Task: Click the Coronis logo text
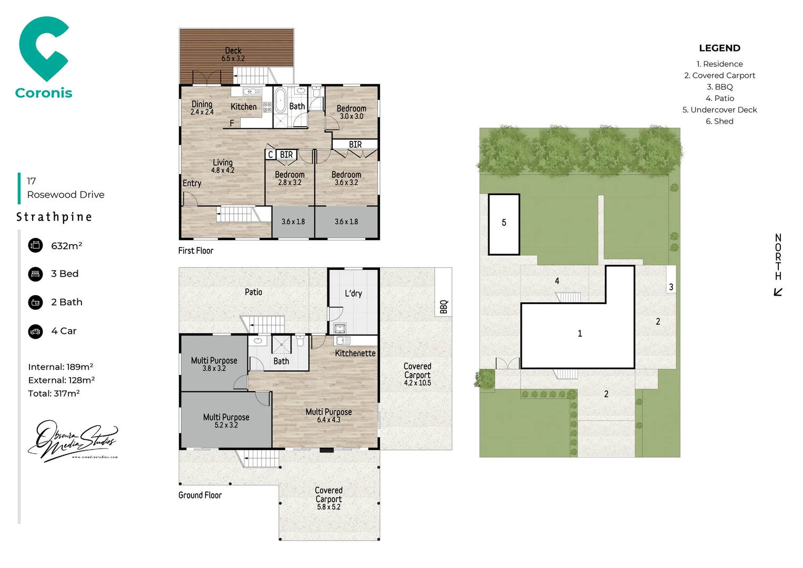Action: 44,93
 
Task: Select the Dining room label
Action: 202,107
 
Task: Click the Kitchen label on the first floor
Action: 244,107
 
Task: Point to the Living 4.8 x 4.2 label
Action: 223,166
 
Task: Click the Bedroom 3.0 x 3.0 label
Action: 352,112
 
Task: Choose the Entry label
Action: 192,183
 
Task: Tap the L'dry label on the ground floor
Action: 353,293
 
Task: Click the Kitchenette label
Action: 355,353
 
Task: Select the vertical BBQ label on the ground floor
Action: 444,307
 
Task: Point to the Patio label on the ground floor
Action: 253,292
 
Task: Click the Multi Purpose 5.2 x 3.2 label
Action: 227,420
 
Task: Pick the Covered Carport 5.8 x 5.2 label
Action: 328,498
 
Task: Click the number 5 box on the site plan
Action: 504,223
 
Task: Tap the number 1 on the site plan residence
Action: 580,333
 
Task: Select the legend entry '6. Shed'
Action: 719,121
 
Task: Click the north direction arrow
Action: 778,292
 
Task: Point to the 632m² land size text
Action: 67,246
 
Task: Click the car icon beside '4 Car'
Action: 36,331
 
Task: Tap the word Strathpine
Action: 54,217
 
